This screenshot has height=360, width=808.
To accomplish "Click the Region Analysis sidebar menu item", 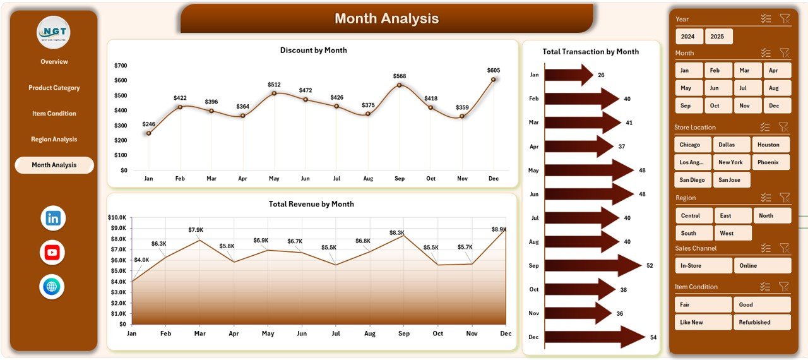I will pyautogui.click(x=54, y=139).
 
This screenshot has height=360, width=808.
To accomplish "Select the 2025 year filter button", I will pyautogui.click(x=718, y=37).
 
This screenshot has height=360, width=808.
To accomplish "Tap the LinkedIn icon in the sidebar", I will pyautogui.click(x=53, y=219).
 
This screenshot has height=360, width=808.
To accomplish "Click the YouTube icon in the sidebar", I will pyautogui.click(x=52, y=253).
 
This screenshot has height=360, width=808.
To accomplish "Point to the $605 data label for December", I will pyautogui.click(x=494, y=70).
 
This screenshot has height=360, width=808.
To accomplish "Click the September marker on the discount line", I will pyautogui.click(x=400, y=85).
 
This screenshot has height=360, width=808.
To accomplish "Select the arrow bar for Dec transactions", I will pyautogui.click(x=593, y=337).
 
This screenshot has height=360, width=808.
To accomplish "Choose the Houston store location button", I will pyautogui.click(x=768, y=145).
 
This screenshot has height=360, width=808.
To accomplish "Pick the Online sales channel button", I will pyautogui.click(x=762, y=265).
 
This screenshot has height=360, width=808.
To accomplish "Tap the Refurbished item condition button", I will pyautogui.click(x=762, y=322).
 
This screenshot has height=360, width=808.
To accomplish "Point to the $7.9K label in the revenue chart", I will pyautogui.click(x=196, y=230).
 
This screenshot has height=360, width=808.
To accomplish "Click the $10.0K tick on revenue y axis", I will pyautogui.click(x=117, y=217).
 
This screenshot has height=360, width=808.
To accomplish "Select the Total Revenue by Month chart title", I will pyautogui.click(x=311, y=204).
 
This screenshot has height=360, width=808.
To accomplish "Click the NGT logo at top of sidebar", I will pyautogui.click(x=54, y=32).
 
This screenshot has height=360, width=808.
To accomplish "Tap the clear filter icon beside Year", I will pyautogui.click(x=785, y=19).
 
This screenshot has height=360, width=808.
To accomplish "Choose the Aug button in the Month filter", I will pyautogui.click(x=774, y=88).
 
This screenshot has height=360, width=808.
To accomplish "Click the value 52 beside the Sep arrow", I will pyautogui.click(x=650, y=266).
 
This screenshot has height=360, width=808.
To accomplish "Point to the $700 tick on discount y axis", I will pyautogui.click(x=121, y=66).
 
